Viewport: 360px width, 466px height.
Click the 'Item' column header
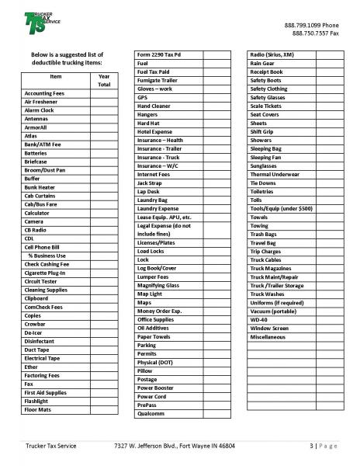55,77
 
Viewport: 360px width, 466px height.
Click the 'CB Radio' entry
36,231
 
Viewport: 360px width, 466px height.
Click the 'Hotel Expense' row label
156,131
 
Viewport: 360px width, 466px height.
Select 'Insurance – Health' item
161,140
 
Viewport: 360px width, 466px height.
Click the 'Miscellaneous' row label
270,336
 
